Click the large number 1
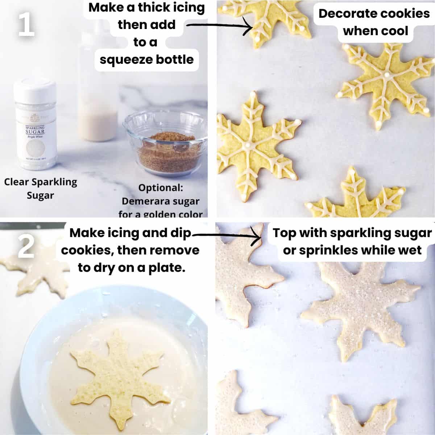(x=26, y=25)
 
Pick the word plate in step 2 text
(x=168, y=268)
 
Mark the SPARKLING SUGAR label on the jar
(x=35, y=130)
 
